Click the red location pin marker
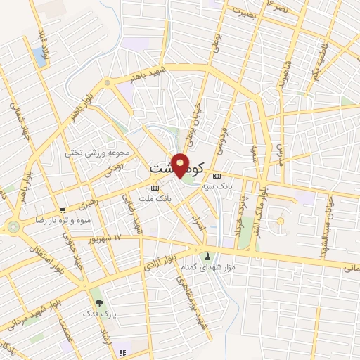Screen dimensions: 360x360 [181, 165]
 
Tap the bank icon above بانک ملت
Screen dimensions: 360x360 [155, 188]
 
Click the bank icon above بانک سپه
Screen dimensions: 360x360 [217, 176]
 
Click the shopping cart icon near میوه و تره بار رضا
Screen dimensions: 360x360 [63, 210]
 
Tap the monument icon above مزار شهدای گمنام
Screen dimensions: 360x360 [207, 257]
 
